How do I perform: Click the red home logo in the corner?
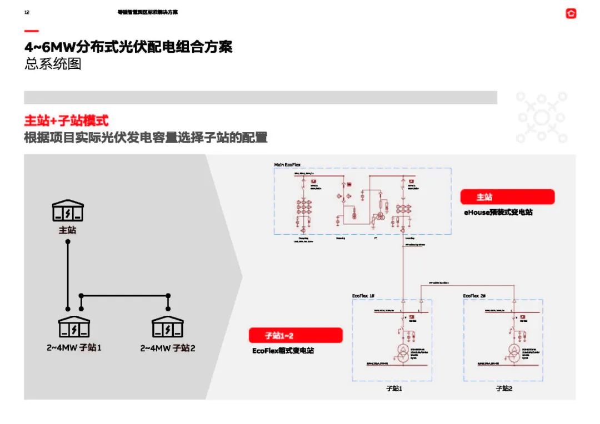click(x=571, y=14)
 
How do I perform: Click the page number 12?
click(x=27, y=12)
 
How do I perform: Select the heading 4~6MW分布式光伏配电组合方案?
click(x=128, y=47)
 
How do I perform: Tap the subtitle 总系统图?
click(x=53, y=64)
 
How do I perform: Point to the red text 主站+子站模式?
click(x=66, y=120)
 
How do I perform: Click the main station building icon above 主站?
click(x=68, y=211)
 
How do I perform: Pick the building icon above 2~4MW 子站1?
click(x=74, y=327)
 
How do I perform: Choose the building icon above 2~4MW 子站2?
click(x=167, y=327)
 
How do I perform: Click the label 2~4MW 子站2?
click(x=167, y=348)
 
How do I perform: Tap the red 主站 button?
click(x=507, y=197)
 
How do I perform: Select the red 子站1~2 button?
click(x=295, y=335)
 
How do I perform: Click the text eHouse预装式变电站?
click(x=498, y=212)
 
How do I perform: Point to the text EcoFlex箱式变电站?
click(x=283, y=351)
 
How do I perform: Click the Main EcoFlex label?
click(x=287, y=165)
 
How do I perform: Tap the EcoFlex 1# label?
click(x=363, y=296)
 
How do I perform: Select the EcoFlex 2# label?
click(x=474, y=296)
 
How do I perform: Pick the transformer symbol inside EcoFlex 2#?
click(x=514, y=354)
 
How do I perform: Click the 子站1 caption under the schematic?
click(x=393, y=388)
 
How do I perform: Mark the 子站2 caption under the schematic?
click(x=504, y=388)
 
